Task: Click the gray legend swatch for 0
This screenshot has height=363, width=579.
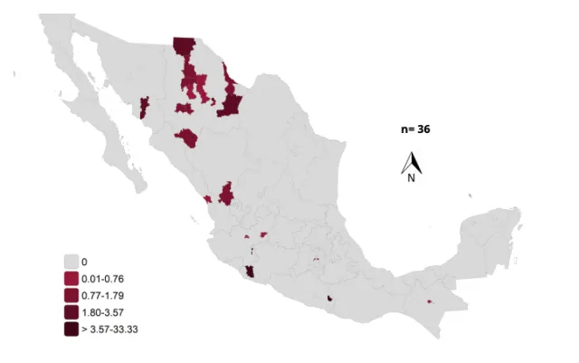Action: pyautogui.click(x=71, y=262)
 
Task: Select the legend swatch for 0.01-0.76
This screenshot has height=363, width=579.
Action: pyautogui.click(x=71, y=278)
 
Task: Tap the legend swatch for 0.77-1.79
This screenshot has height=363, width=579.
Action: pyautogui.click(x=71, y=295)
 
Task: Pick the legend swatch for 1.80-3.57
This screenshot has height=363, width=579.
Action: pyautogui.click(x=71, y=312)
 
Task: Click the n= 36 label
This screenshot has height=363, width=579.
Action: pyautogui.click(x=415, y=129)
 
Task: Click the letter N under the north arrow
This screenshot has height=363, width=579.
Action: pyautogui.click(x=411, y=178)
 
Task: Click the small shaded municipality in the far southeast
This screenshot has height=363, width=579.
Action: pyautogui.click(x=429, y=302)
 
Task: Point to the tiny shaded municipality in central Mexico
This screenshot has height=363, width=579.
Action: pyautogui.click(x=317, y=261)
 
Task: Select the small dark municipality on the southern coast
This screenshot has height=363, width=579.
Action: pyautogui.click(x=332, y=298)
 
